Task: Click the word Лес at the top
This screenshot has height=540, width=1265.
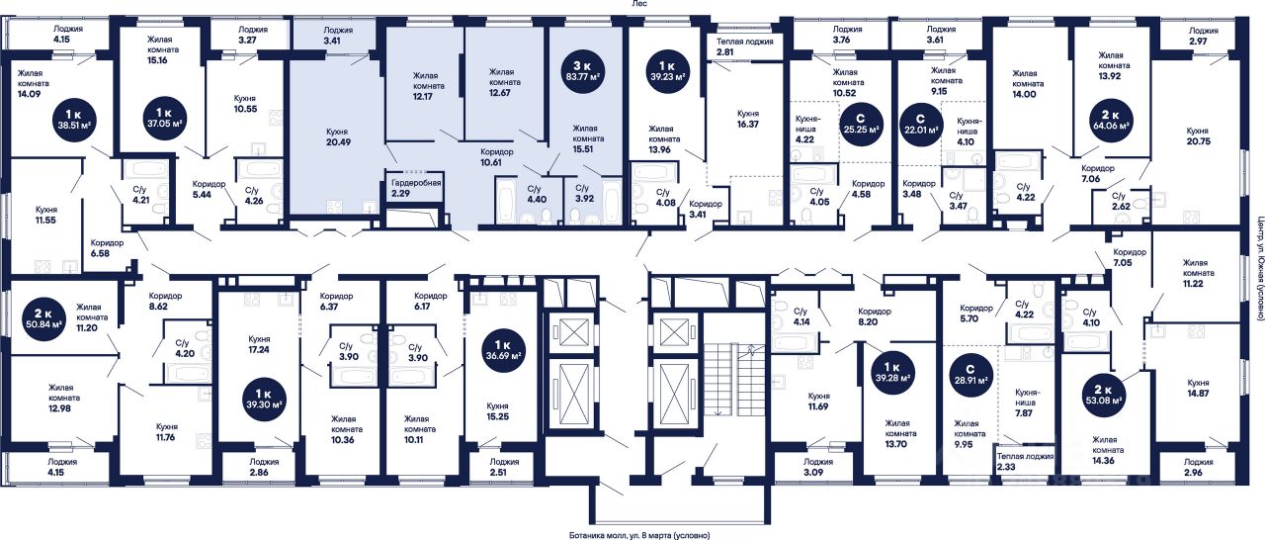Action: [x=639, y=5]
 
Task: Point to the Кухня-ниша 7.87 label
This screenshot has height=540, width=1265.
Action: [x=1032, y=402]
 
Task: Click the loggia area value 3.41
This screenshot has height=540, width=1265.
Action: [x=339, y=42]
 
